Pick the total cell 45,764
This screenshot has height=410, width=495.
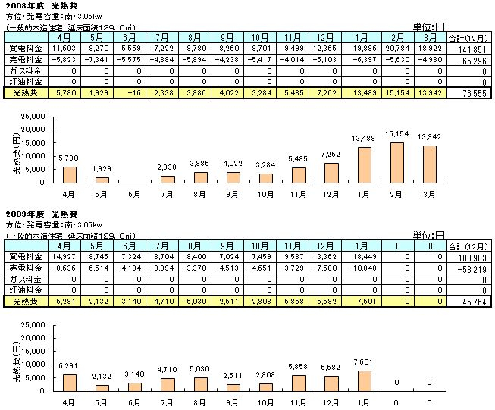[471, 302]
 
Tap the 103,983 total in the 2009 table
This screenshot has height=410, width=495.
[471, 258]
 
